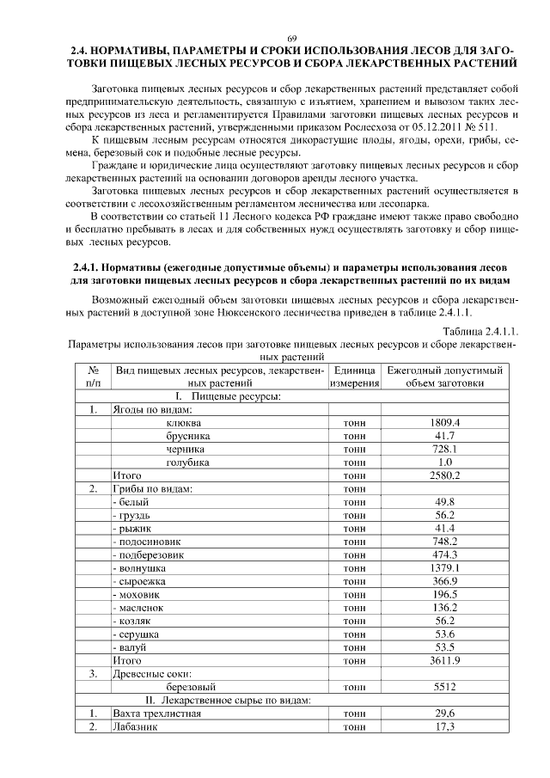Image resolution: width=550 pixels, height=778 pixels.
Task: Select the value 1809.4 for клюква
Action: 445,423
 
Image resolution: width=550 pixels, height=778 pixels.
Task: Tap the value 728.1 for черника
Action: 445,449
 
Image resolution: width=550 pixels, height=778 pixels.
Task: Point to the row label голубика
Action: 187,462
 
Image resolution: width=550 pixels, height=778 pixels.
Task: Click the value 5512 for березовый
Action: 445,687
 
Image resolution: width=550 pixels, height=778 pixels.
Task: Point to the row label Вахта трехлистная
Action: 157,714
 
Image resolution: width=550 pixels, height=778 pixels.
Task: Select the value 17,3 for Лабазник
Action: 445,726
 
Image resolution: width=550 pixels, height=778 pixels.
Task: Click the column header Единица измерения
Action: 354,377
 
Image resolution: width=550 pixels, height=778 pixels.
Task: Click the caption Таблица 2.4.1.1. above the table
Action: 480,332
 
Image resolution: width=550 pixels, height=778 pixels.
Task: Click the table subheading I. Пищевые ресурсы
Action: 229,396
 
